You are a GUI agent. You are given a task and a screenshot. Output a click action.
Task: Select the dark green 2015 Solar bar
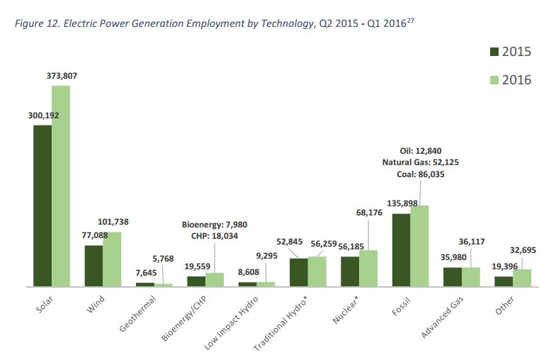pyautogui.click(x=42, y=206)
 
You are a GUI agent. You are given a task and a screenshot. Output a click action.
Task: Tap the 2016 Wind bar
pyautogui.click(x=112, y=259)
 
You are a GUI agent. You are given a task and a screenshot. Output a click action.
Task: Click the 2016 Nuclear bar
pyautogui.click(x=368, y=268)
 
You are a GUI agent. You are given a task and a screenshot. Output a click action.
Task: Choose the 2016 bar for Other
pyautogui.click(x=522, y=277)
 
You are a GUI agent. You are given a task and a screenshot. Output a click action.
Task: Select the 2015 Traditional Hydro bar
pyautogui.click(x=299, y=272)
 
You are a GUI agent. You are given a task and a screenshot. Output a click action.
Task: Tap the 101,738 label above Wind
pyautogui.click(x=113, y=222)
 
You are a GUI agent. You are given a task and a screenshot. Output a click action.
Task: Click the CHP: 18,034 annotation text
pyautogui.click(x=211, y=236)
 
